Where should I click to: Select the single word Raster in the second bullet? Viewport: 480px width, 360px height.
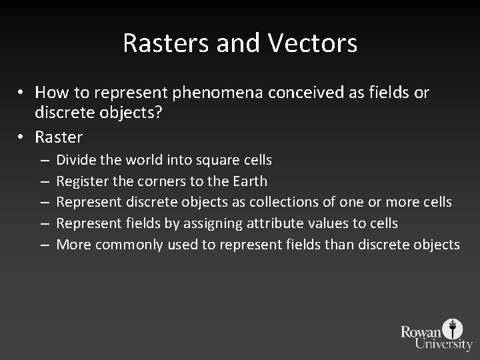coord(59,137)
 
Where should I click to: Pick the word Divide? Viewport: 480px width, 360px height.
coord(77,160)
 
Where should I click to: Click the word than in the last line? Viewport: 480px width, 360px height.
coord(340,245)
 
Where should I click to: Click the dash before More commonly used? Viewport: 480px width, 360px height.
coord(43,245)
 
